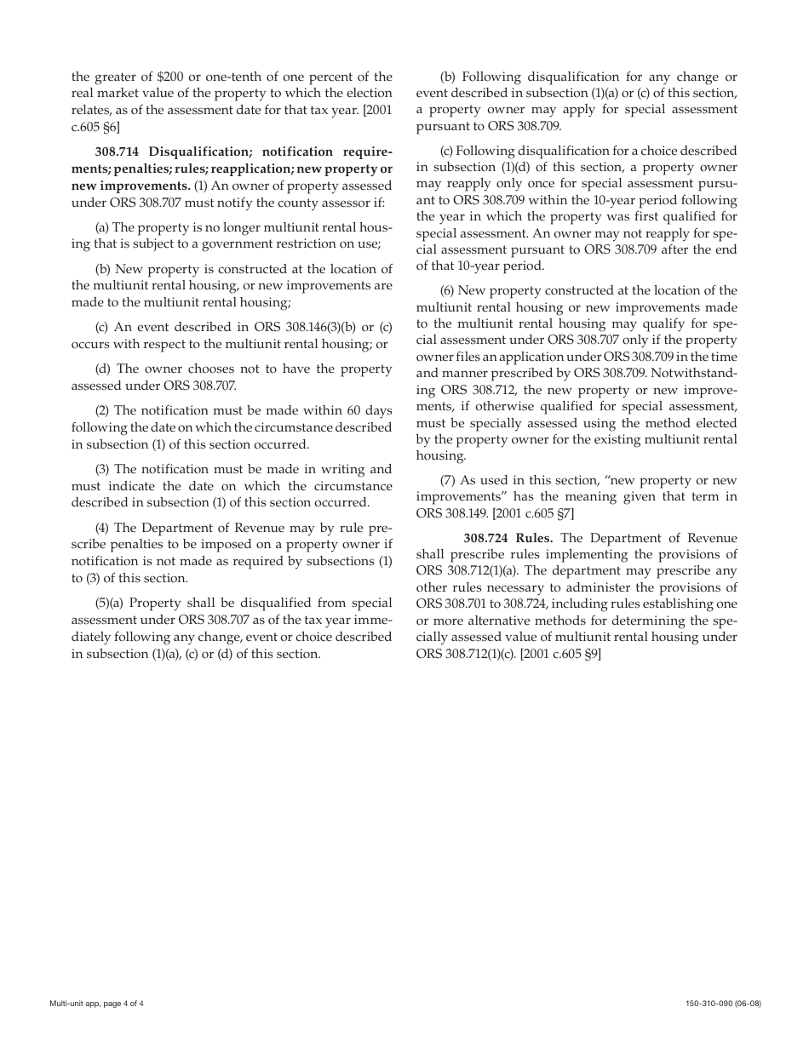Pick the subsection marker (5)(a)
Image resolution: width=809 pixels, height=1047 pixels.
tap(109, 603)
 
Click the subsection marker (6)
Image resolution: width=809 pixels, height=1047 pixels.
tap(448, 291)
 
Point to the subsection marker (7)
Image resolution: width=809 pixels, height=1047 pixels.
tap(448, 480)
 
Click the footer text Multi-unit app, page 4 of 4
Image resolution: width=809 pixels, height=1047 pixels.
tap(96, 1003)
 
